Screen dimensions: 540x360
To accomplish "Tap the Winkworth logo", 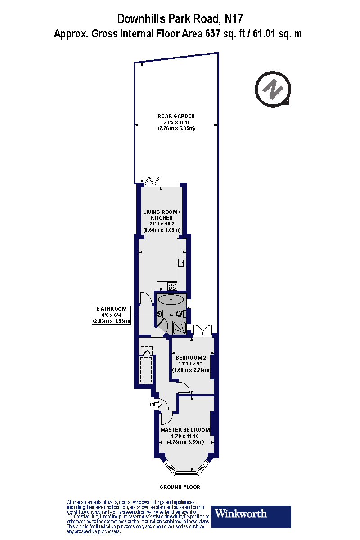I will pyautogui.click(x=251, y=516).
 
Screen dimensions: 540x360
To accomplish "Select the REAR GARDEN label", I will pyautogui.click(x=176, y=116).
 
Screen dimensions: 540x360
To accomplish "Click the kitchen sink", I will pyautogui.click(x=182, y=263).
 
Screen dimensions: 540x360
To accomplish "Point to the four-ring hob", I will pyautogui.click(x=172, y=285).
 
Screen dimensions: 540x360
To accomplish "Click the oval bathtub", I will pyautogui.click(x=170, y=299).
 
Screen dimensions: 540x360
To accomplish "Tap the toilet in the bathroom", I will pyautogui.click(x=180, y=314).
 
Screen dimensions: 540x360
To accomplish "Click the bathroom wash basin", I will pyautogui.click(x=160, y=314).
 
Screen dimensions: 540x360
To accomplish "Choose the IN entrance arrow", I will pyautogui.click(x=156, y=405).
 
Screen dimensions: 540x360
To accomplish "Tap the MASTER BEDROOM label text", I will pyautogui.click(x=185, y=430).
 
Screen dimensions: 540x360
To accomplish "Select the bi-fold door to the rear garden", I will pyautogui.click(x=152, y=181).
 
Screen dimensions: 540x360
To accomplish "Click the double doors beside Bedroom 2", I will pyautogui.click(x=203, y=330).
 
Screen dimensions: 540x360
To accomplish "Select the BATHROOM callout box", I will pyautogui.click(x=111, y=315).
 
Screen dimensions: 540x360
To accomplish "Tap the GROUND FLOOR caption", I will pyautogui.click(x=180, y=487).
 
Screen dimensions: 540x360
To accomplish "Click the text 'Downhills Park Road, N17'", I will pyautogui.click(x=180, y=19).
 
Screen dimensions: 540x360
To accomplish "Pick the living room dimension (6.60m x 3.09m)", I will pyautogui.click(x=162, y=230).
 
